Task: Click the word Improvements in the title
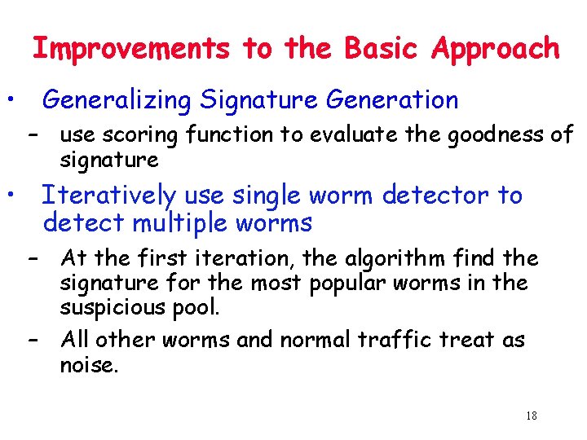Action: tap(130, 49)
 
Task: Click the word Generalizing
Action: tap(117, 101)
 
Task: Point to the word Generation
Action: tap(392, 100)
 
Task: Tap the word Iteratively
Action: tap(109, 196)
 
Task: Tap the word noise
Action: tap(89, 365)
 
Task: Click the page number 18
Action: tap(532, 416)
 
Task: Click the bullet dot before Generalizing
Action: tap(11, 99)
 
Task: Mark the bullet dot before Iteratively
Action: tap(11, 196)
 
